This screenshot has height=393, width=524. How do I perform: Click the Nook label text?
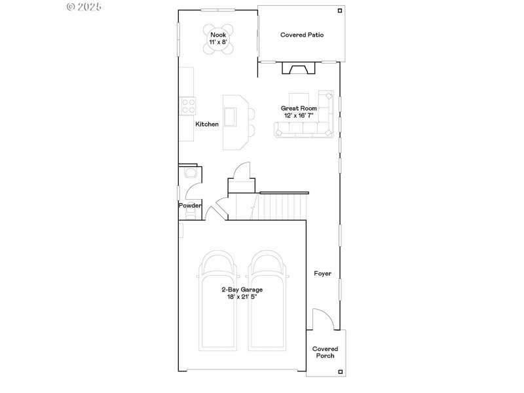(217, 35)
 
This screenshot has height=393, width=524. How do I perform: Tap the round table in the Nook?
(217, 39)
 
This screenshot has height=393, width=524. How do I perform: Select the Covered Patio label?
(302, 35)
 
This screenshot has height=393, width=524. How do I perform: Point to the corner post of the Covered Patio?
(339, 10)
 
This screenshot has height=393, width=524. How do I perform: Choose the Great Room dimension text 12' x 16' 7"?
(299, 115)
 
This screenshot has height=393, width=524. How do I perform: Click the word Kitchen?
(207, 124)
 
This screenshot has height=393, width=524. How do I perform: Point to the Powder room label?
(190, 206)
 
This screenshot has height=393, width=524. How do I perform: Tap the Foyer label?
(322, 273)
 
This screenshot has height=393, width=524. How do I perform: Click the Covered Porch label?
(325, 352)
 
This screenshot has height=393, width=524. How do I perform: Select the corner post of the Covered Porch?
(339, 371)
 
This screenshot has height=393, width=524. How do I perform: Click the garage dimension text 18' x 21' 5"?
(242, 297)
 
